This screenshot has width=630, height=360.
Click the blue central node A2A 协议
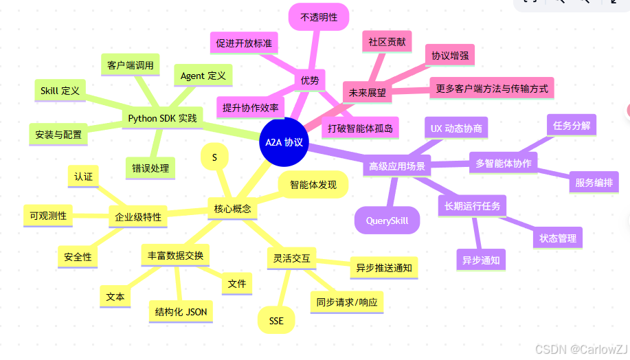pyautogui.click(x=284, y=142)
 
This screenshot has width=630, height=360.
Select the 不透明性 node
pyautogui.click(x=319, y=17)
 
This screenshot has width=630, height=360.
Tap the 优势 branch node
pyautogui.click(x=310, y=80)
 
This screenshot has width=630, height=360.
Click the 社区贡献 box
pyautogui.click(x=387, y=42)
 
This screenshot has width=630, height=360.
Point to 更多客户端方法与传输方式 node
pyautogui.click(x=491, y=88)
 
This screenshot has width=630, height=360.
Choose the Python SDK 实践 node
pyautogui.click(x=162, y=118)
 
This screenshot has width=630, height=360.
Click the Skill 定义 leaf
pyautogui.click(x=60, y=90)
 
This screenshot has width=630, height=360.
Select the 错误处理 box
pyautogui.click(x=150, y=168)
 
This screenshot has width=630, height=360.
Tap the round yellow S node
pyautogui.click(x=214, y=157)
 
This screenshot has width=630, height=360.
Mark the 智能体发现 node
pyautogui.click(x=313, y=185)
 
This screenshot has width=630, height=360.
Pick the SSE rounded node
pyautogui.click(x=276, y=321)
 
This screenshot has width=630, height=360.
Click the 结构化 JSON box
pyautogui.click(x=181, y=312)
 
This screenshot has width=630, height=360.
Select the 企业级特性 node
pyautogui.click(x=138, y=217)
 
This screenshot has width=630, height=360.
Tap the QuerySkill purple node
pyautogui.click(x=387, y=221)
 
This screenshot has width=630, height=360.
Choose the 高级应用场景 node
pyautogui.click(x=396, y=166)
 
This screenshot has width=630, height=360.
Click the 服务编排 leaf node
pyautogui.click(x=594, y=183)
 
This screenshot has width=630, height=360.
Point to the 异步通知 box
pyautogui.click(x=480, y=260)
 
